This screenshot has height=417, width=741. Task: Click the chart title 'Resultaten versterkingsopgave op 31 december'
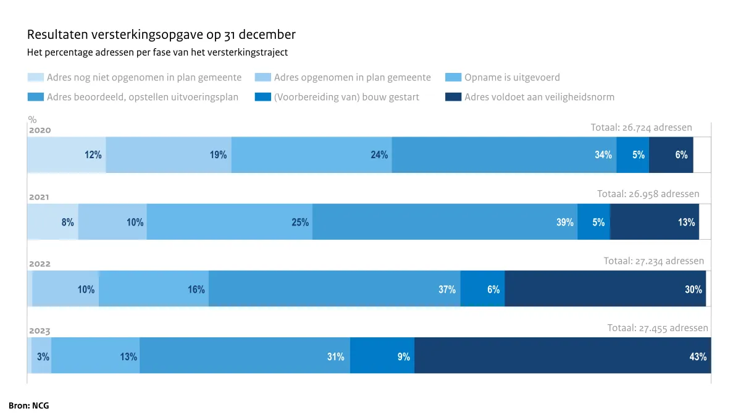pyautogui.click(x=161, y=34)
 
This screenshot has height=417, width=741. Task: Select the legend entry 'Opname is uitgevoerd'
pyautogui.click(x=512, y=78)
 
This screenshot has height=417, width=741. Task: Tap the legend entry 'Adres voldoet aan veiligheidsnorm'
pyautogui.click(x=539, y=97)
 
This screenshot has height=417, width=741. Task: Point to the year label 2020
pyautogui.click(x=40, y=130)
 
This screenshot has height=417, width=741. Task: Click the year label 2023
pyautogui.click(x=40, y=331)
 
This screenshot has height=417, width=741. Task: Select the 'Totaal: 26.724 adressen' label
pyautogui.click(x=641, y=127)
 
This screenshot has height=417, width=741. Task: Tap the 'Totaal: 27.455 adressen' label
pyautogui.click(x=658, y=328)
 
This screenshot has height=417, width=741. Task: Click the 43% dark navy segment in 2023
pyautogui.click(x=562, y=355)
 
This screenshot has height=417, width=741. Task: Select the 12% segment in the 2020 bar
pyautogui.click(x=66, y=154)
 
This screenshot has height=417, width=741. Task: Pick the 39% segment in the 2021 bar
pyautogui.click(x=445, y=222)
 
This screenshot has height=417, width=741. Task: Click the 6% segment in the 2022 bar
pyautogui.click(x=482, y=289)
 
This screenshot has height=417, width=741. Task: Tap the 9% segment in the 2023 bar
pyautogui.click(x=382, y=355)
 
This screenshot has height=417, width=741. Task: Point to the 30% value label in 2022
pyautogui.click(x=693, y=289)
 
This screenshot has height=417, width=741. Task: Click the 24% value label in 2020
pyautogui.click(x=379, y=155)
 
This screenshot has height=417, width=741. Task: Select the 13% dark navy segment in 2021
pyautogui.click(x=654, y=222)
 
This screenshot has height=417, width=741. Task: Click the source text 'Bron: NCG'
pyautogui.click(x=29, y=406)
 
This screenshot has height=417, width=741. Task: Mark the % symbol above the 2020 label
pyautogui.click(x=32, y=120)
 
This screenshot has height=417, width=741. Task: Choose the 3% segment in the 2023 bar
pyautogui.click(x=41, y=355)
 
